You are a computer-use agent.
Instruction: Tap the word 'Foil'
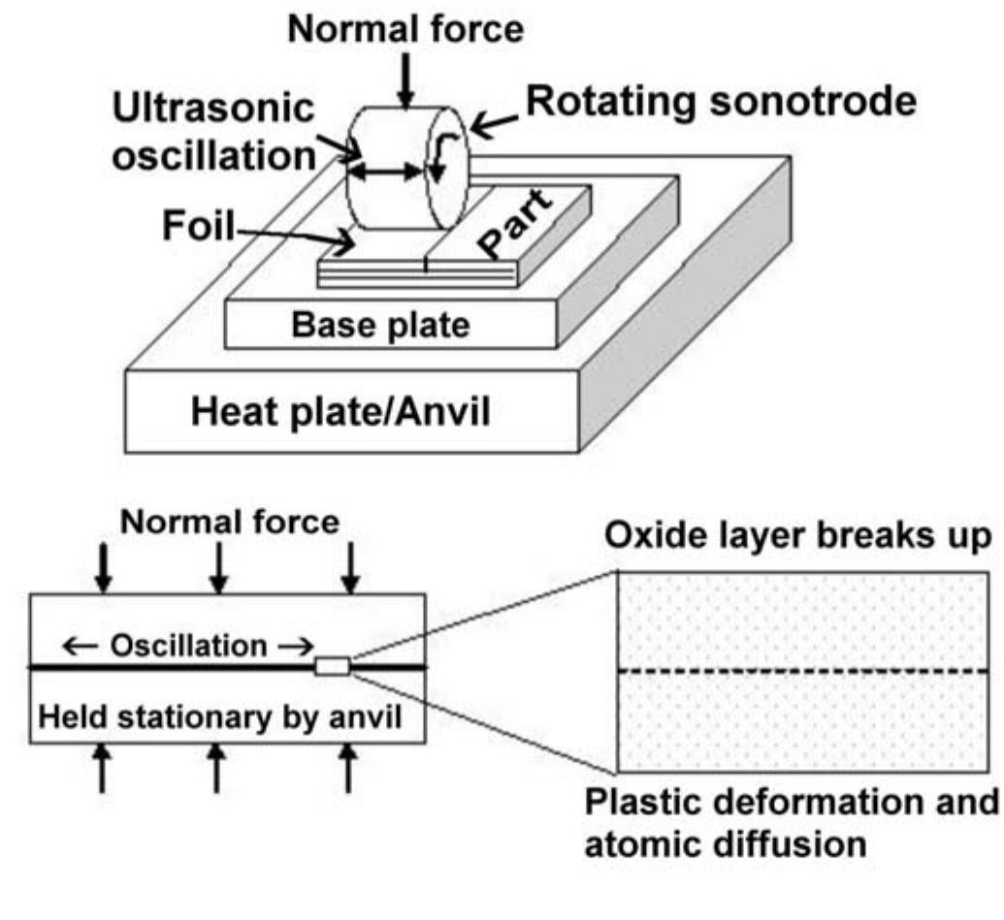point(199,229)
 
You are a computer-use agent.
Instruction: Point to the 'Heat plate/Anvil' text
point(340,412)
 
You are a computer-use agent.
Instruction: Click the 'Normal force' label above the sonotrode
point(405,29)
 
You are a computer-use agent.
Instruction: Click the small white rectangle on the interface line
point(333,666)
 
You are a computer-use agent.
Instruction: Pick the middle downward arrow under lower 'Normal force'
point(220,568)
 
